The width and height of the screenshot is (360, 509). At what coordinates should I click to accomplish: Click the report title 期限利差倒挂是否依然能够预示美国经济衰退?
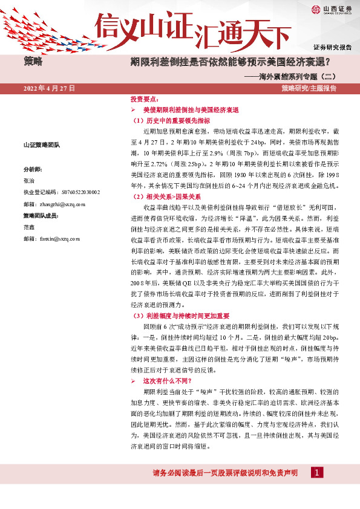pyautogui.click(x=235, y=62)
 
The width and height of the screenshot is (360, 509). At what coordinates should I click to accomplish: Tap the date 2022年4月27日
pyautogui.click(x=49, y=88)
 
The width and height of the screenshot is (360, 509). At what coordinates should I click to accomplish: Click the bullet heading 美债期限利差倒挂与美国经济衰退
pyautogui.click(x=191, y=110)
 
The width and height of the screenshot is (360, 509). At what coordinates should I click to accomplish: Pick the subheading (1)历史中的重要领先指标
pyautogui.click(x=167, y=120)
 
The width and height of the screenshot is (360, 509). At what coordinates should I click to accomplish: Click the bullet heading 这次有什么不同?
pyautogui.click(x=166, y=381)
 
